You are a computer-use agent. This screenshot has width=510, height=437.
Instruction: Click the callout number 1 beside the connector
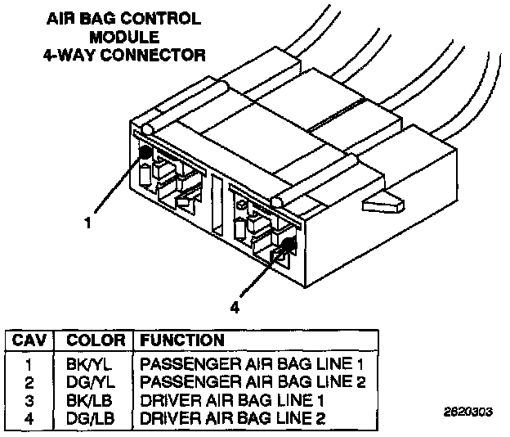coord(88,221)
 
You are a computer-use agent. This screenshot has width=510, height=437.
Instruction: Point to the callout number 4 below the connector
coord(235,308)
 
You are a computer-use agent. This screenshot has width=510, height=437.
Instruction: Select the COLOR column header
coord(95,339)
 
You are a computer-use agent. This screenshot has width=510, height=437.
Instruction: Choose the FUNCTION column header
coord(181,339)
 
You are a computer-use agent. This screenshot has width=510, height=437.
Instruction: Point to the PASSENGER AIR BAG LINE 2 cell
coord(252,381)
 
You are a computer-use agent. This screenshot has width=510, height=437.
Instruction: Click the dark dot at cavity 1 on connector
coord(145,153)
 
